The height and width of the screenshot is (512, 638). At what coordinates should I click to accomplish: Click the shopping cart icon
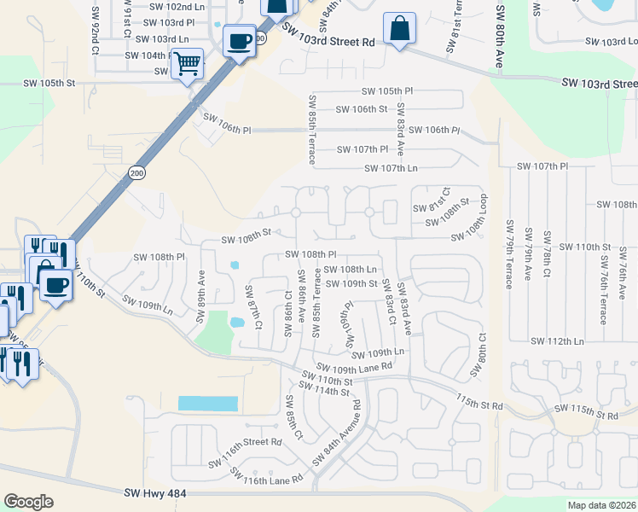pos(187,63)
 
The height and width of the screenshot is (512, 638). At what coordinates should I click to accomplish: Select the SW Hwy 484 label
pos(155,492)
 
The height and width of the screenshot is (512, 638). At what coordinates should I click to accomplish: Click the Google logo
pos(28,502)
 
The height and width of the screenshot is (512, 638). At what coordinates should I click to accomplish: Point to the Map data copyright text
pos(601,505)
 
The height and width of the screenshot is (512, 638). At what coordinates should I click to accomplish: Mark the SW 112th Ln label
pos(557,341)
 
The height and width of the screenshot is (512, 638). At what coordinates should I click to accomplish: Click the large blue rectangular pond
pos(208,404)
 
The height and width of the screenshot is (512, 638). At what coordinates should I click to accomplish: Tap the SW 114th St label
pos(321,391)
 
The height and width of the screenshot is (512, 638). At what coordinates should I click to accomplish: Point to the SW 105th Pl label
pos(387,91)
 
